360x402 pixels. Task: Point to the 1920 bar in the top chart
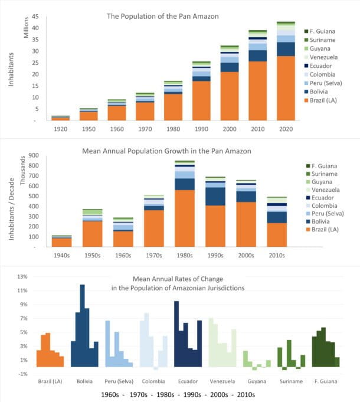pos(61,118)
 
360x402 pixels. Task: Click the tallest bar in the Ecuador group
pos(176,334)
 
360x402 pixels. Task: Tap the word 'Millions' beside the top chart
pos(25,29)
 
